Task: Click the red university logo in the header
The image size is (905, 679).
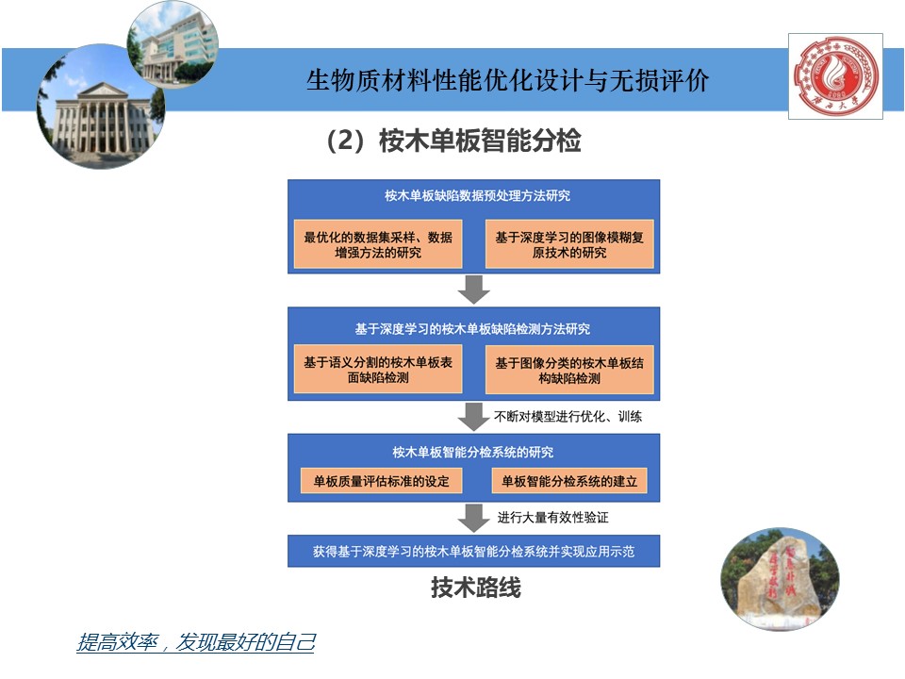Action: pos(835,76)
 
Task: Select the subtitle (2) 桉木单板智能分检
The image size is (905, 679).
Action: pos(452,141)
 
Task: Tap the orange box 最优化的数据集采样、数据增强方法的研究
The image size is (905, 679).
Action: pos(378,244)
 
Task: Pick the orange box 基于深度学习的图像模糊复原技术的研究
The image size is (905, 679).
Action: pos(569,244)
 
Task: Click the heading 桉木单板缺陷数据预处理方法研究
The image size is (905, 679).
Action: pos(477,196)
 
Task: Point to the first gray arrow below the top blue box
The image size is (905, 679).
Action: pos(473,290)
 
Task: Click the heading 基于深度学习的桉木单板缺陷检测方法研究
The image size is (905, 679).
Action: pos(472,329)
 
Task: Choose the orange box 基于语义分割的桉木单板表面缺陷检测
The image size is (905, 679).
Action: pos(378,370)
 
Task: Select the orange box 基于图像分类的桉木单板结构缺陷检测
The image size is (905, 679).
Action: pos(569,370)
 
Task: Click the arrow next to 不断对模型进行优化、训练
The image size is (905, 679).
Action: pos(473,416)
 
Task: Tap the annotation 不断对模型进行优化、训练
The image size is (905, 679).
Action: pos(568,416)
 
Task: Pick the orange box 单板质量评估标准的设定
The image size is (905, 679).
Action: pos(382,480)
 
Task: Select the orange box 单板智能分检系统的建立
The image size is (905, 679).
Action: pos(569,480)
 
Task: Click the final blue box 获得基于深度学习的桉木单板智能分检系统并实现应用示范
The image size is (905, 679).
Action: pos(473,551)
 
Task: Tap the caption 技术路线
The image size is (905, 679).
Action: pos(476,588)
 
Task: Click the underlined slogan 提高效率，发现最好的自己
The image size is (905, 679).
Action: pos(195,643)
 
